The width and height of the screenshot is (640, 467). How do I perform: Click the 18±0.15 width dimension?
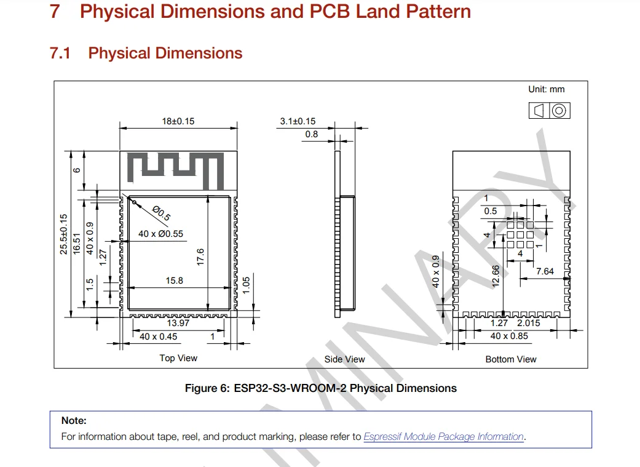[178, 121]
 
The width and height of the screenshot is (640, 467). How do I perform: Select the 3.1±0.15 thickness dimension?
[298, 121]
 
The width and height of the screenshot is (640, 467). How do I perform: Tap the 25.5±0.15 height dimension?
[64, 234]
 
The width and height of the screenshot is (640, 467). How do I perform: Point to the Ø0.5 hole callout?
[161, 214]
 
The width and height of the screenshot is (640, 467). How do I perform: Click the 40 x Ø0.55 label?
[161, 234]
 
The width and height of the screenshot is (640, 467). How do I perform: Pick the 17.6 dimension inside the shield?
[200, 257]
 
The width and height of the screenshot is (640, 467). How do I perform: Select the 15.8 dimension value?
[174, 281]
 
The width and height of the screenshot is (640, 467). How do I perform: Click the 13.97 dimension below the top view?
[178, 323]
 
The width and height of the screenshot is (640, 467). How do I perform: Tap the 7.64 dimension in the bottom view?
[545, 271]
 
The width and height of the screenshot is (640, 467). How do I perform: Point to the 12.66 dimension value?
[496, 276]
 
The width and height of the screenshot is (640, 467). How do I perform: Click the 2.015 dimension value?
[529, 323]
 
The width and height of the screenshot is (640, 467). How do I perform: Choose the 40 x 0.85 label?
[509, 336]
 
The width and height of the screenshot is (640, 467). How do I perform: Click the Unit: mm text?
[547, 89]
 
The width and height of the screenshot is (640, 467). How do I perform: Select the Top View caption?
[178, 358]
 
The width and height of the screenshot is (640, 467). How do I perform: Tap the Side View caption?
[344, 359]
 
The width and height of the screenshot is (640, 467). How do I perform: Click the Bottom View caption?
[511, 359]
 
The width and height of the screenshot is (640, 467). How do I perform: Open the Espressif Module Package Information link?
[444, 436]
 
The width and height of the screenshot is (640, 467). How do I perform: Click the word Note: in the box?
[74, 420]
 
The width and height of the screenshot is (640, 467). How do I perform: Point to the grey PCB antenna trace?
[175, 171]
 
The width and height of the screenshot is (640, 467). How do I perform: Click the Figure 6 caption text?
[321, 388]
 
